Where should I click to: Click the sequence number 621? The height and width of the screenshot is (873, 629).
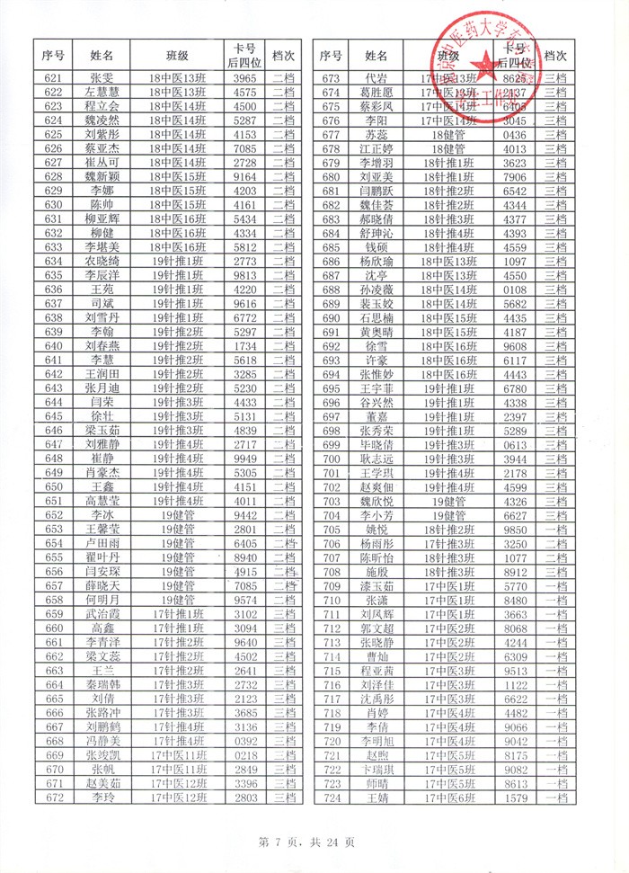point(53,79)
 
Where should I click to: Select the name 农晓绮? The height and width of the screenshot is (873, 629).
point(102,261)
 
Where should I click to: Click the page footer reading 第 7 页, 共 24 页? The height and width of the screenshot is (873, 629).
point(306,842)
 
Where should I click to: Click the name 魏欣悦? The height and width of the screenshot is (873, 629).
point(377,500)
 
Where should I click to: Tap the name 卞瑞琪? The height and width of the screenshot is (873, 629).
point(377,769)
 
